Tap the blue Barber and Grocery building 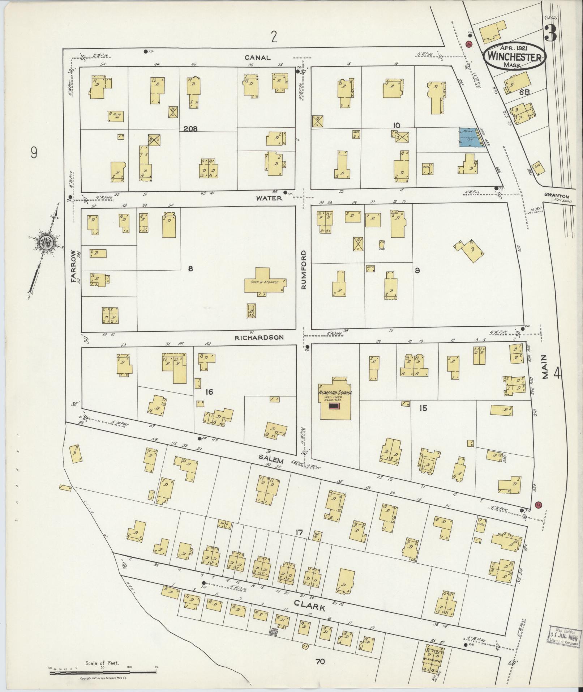click(x=471, y=137)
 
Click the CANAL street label click(x=257, y=58)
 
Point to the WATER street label click(x=269, y=198)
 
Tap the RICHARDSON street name click(x=259, y=337)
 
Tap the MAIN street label click(x=545, y=366)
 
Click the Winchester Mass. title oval click(x=515, y=57)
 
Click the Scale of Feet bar click(x=103, y=673)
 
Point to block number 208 click(x=190, y=128)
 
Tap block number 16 click(x=209, y=392)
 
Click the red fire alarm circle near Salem click(x=538, y=505)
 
